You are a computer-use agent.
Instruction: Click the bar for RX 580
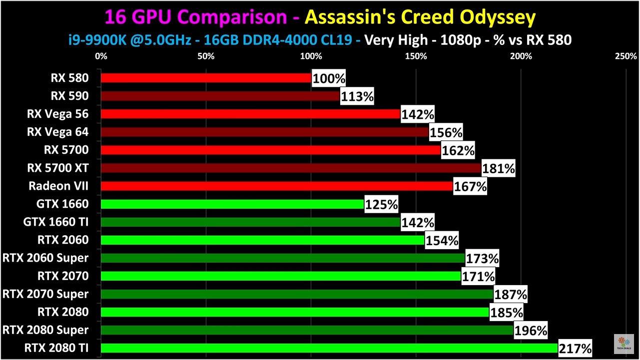206,78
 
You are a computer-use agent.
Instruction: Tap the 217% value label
576,348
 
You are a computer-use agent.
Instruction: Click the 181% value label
499,169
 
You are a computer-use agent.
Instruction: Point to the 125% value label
381,204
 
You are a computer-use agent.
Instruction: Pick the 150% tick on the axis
416,56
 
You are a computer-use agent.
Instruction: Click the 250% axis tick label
627,56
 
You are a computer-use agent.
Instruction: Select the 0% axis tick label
101,56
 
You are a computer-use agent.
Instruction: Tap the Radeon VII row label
58,186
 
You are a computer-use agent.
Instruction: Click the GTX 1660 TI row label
55,222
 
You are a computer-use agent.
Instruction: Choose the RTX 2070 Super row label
45,294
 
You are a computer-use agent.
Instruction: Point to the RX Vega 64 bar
265,132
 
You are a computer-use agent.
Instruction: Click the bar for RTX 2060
263,240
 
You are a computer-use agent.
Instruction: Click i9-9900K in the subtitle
94,39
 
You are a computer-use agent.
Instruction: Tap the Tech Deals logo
624,344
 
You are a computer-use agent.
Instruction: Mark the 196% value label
531,330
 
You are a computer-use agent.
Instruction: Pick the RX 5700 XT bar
291,168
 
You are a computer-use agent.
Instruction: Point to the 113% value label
357,96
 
